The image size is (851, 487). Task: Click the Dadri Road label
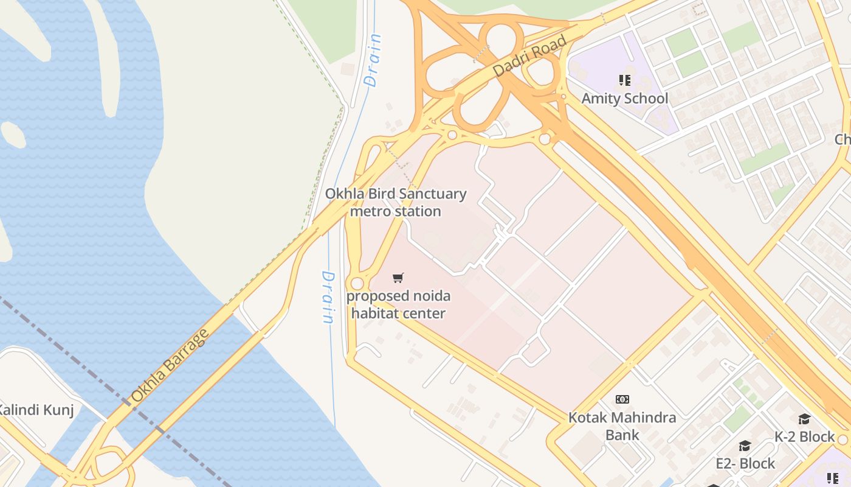point(529,56)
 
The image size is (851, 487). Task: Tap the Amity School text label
point(624,99)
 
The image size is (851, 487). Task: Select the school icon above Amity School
point(624,80)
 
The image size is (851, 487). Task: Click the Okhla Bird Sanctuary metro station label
point(396,203)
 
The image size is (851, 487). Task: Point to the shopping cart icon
point(398,278)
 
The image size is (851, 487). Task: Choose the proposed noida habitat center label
point(399,305)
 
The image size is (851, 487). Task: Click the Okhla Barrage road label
point(170,366)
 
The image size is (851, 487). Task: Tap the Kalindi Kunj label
point(36,410)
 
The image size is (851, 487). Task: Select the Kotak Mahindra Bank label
point(622,426)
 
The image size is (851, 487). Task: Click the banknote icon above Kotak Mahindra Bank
point(622,399)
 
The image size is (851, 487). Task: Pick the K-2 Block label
point(804,437)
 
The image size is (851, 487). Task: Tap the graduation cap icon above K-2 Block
point(804,419)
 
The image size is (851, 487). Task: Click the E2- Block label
point(745,464)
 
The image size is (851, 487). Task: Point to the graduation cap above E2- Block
point(745,446)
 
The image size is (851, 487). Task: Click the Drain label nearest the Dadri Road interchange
point(373,60)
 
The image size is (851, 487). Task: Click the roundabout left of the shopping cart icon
point(357,284)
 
